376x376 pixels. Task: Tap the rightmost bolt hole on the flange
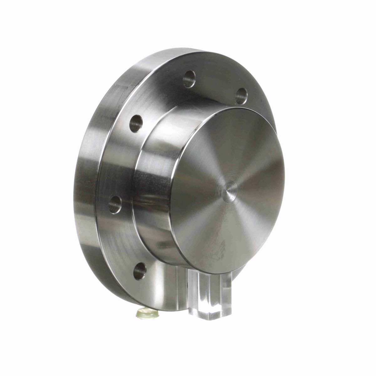click(241, 96)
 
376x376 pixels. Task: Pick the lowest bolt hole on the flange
click(140, 270)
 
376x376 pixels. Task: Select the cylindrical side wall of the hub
click(154, 201)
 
